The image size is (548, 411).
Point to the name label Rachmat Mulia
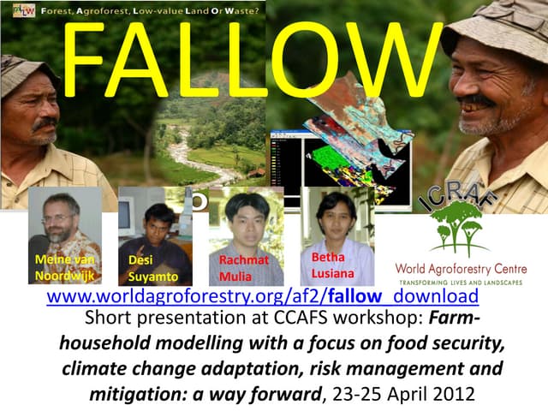tap(243, 268)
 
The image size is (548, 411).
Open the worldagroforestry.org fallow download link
tap(262, 297)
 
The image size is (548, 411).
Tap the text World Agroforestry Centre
tap(461, 269)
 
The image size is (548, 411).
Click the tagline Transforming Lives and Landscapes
tap(461, 282)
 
